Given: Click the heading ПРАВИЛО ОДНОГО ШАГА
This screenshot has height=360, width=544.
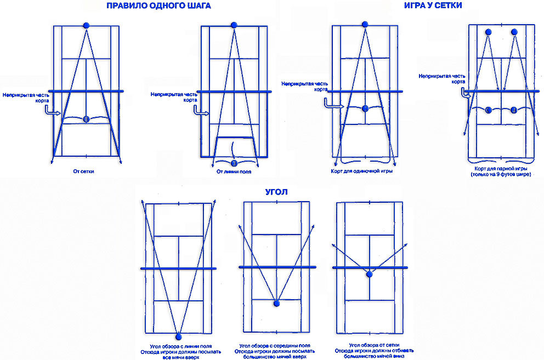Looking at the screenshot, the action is click(x=158, y=5).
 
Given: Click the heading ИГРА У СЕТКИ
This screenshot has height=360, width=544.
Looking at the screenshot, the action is click(x=433, y=5).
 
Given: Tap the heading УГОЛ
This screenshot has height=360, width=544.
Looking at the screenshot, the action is click(x=276, y=192).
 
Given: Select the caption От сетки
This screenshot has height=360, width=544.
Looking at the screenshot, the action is click(x=83, y=172).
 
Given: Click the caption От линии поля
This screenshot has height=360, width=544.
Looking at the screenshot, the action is click(x=234, y=172).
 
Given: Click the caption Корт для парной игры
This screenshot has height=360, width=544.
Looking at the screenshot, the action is click(x=501, y=169).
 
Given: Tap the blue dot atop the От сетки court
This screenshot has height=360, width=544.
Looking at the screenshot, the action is click(x=87, y=25).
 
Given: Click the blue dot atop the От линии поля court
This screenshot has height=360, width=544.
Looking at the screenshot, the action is click(x=234, y=25).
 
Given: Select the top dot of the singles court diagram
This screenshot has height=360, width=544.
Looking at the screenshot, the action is click(x=365, y=24).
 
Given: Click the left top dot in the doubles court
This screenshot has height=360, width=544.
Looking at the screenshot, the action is click(x=489, y=32).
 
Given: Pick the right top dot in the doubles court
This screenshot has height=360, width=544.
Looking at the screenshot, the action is click(x=514, y=32).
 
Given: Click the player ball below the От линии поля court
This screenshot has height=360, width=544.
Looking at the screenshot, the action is click(x=234, y=163).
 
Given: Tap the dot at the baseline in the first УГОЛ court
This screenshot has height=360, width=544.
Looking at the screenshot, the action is click(x=179, y=337).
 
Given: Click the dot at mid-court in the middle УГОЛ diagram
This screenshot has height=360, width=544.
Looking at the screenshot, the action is click(x=276, y=304).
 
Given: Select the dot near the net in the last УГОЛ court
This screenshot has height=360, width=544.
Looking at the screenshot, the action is click(x=370, y=275).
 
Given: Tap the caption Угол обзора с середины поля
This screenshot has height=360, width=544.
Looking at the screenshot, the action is click(x=275, y=346).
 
